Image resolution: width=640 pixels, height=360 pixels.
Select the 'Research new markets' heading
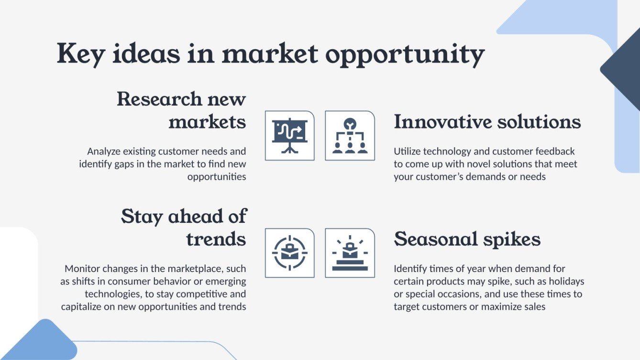(181, 110)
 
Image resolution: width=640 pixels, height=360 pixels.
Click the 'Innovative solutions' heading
(487, 122)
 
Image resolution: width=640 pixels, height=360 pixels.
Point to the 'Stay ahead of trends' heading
(184, 228)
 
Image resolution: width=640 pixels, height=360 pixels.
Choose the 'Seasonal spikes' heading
(467, 239)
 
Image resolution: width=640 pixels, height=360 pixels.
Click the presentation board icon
(289, 135)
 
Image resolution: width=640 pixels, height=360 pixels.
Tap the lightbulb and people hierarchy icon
(350, 135)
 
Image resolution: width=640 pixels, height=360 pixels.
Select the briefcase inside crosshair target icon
(289, 253)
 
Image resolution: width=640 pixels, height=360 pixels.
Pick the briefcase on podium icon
(350, 253)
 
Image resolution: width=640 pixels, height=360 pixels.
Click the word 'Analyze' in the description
(103, 152)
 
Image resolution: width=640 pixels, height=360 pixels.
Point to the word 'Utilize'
(407, 152)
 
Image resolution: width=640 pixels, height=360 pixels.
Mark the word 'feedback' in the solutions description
(554, 152)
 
